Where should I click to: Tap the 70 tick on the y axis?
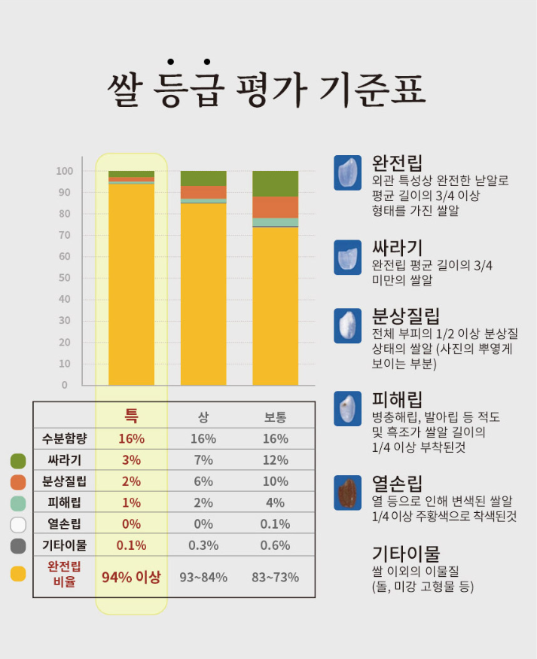click(x=66, y=235)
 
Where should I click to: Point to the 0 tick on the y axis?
click(x=65, y=385)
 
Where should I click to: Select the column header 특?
click(x=131, y=416)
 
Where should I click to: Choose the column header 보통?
click(x=275, y=417)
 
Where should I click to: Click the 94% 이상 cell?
click(x=131, y=578)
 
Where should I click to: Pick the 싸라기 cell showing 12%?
click(x=275, y=460)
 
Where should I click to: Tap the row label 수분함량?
click(x=66, y=438)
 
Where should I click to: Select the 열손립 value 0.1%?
click(x=275, y=524)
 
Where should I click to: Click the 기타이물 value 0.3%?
click(x=203, y=545)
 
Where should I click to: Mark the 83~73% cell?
click(x=275, y=578)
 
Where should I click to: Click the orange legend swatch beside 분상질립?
click(x=18, y=482)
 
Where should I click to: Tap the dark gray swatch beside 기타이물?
click(x=18, y=546)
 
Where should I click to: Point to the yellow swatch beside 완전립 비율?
click(x=18, y=574)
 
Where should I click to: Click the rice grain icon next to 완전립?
click(x=348, y=173)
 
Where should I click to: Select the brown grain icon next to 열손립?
click(x=348, y=493)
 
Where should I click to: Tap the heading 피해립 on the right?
click(x=397, y=399)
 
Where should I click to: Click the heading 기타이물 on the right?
click(x=405, y=554)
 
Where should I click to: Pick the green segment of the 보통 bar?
click(x=275, y=184)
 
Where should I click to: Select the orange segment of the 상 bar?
click(x=203, y=192)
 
